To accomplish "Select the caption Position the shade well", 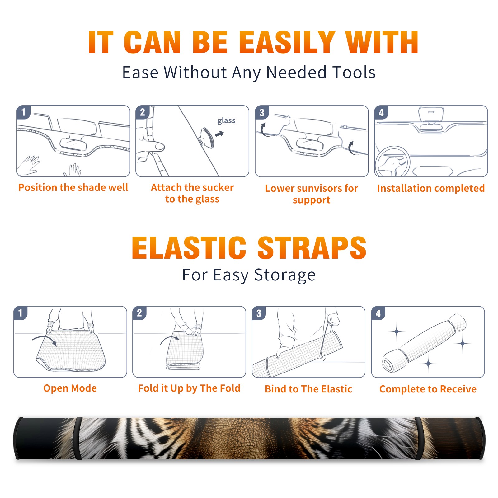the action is coord(73,188).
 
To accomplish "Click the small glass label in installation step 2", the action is coord(226,121).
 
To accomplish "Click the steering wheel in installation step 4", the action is coord(392,162).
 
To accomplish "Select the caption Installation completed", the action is coord(431,189).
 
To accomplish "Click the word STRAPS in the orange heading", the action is coord(312,248).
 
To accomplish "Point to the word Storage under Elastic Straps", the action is coord(285,275).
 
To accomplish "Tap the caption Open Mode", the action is coord(70,388).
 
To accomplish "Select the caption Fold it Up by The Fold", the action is coord(189,388).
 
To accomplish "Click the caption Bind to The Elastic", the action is coord(308,389).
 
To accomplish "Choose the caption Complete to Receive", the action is coord(428,389).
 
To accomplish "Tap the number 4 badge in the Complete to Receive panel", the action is coord(378,313).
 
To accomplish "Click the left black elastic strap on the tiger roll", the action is coord(78,439).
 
